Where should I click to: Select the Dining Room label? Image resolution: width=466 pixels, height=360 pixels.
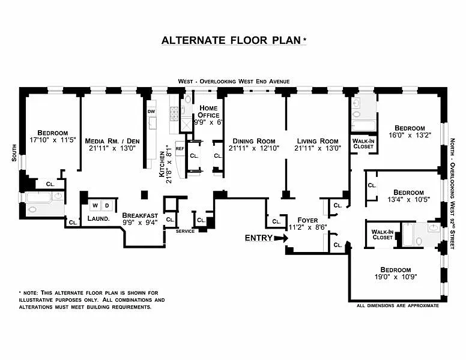tap(253, 142)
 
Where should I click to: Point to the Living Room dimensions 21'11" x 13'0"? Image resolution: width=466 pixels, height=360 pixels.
tap(318, 148)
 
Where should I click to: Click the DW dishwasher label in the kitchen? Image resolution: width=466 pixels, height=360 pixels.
tap(151, 111)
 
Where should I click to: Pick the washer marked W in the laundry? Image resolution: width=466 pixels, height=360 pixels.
tap(94, 205)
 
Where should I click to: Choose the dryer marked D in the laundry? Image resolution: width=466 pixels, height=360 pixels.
tap(107, 205)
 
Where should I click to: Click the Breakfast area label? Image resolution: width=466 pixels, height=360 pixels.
tap(140, 215)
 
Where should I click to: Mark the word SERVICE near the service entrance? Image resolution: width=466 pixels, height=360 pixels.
tap(185, 232)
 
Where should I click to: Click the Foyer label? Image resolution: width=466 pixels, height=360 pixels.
tap(298, 220)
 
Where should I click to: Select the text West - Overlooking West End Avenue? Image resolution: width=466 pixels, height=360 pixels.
tap(234, 81)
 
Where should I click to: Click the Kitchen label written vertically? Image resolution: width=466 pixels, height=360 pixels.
tap(162, 163)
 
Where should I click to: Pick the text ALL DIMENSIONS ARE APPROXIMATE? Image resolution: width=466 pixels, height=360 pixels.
tap(398, 306)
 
